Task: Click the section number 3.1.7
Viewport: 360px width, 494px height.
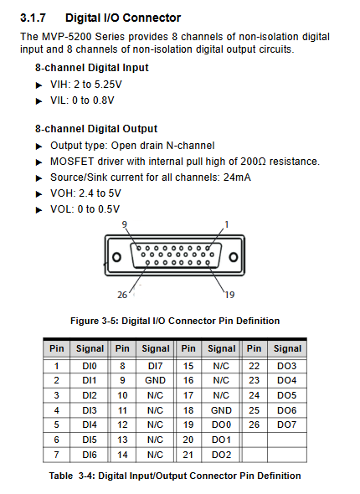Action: tap(33, 18)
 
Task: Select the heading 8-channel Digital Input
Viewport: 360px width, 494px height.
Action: tap(91, 68)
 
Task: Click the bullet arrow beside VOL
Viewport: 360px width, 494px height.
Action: tap(39, 210)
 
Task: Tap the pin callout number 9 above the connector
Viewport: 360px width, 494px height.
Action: tap(125, 224)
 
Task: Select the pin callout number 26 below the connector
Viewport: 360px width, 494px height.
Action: tap(122, 295)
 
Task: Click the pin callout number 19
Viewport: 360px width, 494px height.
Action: tap(229, 295)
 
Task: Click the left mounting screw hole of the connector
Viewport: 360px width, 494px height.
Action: tap(116, 257)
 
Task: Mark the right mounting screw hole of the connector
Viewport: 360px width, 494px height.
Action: tap(234, 257)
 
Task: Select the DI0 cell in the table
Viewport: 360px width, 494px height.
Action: tap(90, 366)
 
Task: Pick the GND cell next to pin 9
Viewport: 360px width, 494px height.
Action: tap(155, 381)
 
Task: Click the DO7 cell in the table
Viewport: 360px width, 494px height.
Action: tap(287, 425)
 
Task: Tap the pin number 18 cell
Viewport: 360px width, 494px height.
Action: tap(188, 410)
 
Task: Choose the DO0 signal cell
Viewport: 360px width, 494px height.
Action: tap(221, 425)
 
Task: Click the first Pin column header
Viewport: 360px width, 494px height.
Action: tap(57, 348)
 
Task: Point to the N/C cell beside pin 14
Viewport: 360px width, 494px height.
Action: tap(155, 455)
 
